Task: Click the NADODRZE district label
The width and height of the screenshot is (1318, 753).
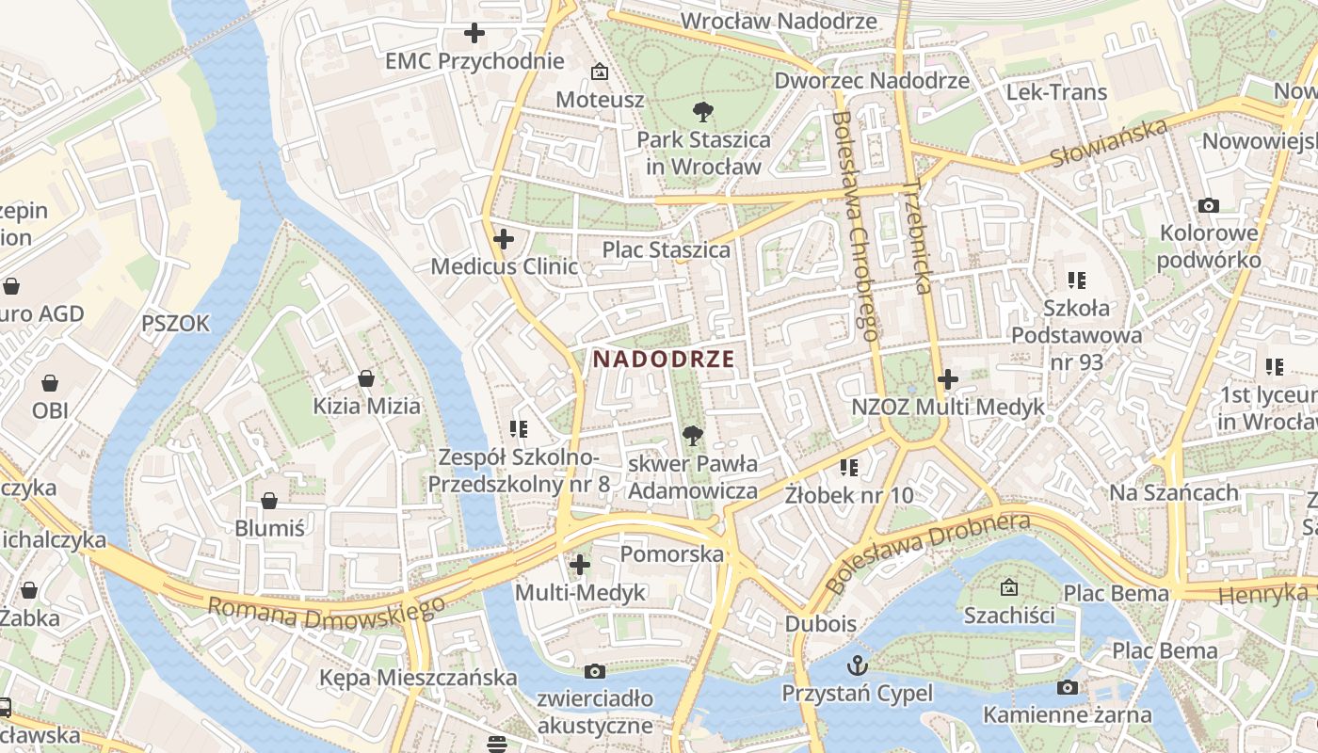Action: click(663, 359)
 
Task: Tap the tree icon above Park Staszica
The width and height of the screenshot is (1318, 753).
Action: click(702, 113)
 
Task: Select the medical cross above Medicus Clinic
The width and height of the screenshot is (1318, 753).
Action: click(504, 239)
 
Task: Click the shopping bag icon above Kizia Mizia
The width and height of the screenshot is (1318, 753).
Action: click(366, 378)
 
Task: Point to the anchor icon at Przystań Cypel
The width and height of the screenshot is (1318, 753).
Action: click(858, 665)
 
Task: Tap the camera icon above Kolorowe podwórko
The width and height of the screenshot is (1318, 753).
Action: click(1209, 205)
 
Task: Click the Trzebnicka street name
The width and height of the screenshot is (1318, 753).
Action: click(914, 237)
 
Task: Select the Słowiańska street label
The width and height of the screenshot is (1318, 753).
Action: click(1108, 143)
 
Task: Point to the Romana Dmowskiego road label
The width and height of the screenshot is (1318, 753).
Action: click(326, 614)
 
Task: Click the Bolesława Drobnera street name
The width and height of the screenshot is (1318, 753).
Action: click(926, 553)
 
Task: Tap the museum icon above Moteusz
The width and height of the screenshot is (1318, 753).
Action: click(599, 72)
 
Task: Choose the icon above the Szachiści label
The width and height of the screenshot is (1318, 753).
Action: click(1008, 587)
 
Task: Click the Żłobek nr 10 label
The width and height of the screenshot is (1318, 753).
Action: click(849, 494)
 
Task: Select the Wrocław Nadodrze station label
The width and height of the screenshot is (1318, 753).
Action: click(778, 21)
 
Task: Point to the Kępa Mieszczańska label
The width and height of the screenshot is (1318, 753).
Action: click(418, 678)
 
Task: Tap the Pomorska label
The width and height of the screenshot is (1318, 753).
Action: click(672, 553)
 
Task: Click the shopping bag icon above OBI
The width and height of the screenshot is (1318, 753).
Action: click(50, 383)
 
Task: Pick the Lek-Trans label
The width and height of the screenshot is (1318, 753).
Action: click(1056, 92)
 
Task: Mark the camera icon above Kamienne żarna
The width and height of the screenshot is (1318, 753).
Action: click(1067, 687)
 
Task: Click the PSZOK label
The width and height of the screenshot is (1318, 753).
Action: click(175, 324)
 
